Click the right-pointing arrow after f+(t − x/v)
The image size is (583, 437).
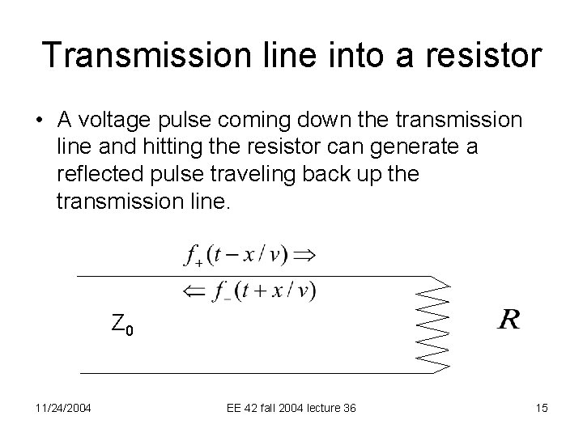click(x=304, y=255)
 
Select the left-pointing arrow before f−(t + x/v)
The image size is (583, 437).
click(x=194, y=289)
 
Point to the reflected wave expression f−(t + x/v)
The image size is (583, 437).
click(x=264, y=289)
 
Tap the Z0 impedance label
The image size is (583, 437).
click(x=122, y=325)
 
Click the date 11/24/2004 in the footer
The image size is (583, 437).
click(x=64, y=408)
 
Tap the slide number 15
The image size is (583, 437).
click(x=542, y=408)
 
